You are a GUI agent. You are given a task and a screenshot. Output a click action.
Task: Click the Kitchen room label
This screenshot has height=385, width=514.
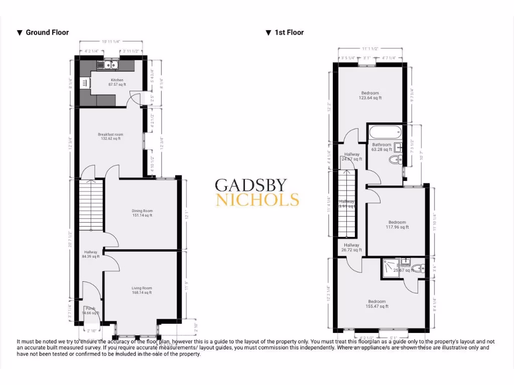click(x=117, y=80)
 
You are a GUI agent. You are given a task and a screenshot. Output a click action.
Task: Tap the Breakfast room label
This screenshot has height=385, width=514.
click(x=110, y=134)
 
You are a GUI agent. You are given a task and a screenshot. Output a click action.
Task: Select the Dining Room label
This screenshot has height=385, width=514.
click(x=142, y=211)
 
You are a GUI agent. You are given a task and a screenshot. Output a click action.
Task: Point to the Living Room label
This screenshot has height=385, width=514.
click(x=142, y=288)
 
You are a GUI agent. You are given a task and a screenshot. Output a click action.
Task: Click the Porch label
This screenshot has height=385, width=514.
click(x=90, y=308)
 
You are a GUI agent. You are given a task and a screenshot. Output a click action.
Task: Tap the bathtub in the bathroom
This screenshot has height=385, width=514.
click(x=385, y=133)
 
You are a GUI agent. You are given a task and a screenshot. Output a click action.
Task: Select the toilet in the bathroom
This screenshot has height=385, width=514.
click(x=396, y=160)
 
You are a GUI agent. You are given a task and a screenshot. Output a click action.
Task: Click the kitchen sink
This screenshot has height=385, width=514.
click(x=110, y=65)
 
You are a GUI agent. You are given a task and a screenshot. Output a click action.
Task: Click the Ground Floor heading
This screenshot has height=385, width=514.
click(x=47, y=33)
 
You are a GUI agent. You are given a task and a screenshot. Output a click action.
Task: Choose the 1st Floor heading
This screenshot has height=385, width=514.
click(x=289, y=33)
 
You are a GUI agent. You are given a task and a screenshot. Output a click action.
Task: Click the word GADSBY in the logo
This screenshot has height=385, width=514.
click(x=251, y=185)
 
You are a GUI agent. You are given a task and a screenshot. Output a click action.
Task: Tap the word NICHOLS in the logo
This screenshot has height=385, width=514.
click(x=257, y=200)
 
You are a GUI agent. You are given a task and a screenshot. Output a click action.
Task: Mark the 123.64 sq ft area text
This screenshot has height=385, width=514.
click(x=370, y=98)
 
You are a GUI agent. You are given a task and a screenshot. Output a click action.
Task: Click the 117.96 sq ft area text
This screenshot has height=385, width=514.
click(x=397, y=227)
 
